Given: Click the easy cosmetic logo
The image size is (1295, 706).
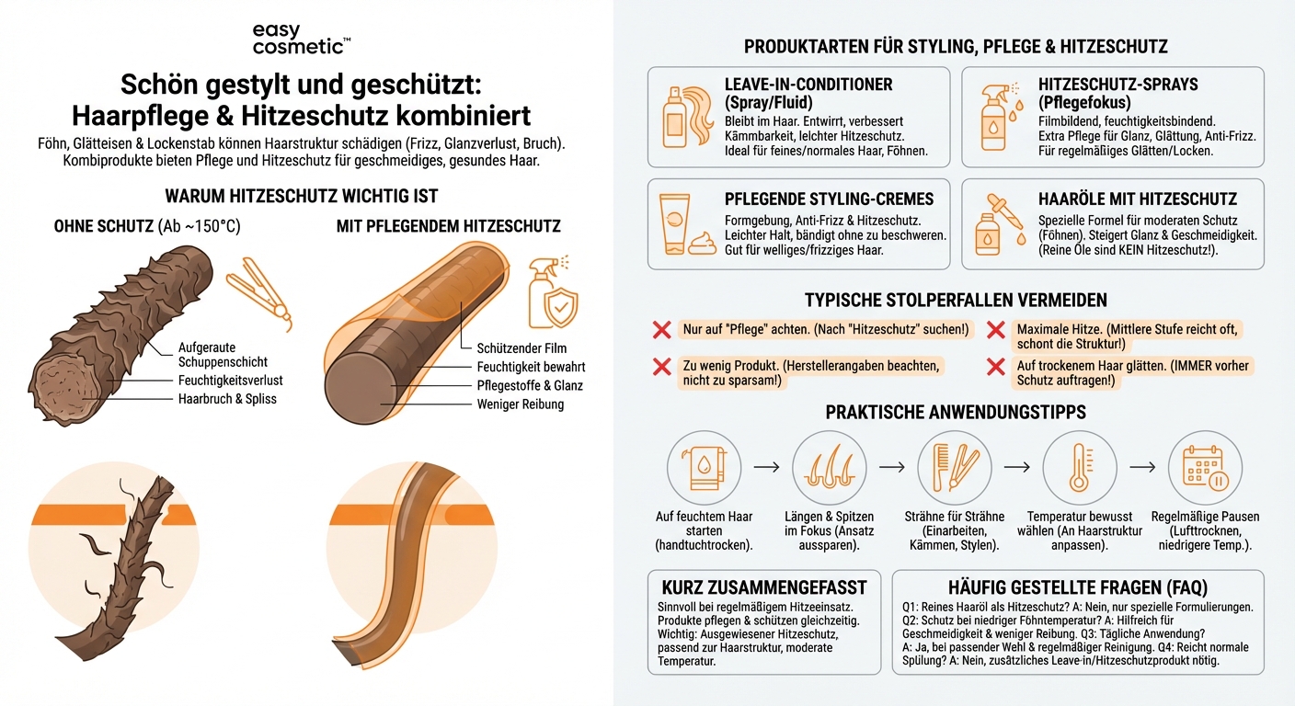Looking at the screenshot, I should (301, 39).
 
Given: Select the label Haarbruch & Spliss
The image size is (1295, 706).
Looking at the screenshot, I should (227, 399).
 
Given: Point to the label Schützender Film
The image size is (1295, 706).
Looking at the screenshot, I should (521, 348).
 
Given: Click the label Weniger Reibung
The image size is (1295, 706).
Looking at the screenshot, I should (521, 404).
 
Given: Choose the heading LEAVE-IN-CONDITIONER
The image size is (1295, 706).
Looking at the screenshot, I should (808, 85).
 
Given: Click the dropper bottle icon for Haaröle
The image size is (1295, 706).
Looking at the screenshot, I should (996, 222).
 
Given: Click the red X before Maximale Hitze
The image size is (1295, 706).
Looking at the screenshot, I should (995, 330).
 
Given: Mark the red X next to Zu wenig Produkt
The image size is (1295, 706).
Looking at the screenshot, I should (661, 367).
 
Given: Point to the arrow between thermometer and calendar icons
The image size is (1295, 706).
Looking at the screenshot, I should (1141, 467).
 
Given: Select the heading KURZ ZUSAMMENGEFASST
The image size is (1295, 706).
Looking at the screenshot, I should (763, 587).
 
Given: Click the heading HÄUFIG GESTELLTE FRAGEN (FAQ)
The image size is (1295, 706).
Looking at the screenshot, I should (1077, 587).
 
